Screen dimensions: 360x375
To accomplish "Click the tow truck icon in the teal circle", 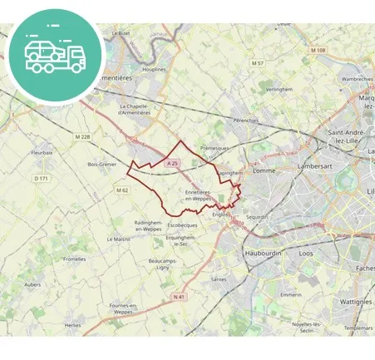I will coord(55,54).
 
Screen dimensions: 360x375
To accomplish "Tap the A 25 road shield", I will coord(172,165).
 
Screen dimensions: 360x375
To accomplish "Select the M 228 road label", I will coord(81,136).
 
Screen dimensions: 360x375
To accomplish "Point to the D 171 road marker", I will coord(41,179).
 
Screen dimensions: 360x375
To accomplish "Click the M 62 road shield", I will coord(122,190).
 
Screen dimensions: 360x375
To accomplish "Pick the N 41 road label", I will coord(178,296).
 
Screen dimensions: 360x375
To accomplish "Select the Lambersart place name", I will coord(313,166).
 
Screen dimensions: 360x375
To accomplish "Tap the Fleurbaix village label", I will coord(42,153).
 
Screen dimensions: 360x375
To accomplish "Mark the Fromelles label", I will coord(74,259).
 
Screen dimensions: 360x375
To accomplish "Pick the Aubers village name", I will coord(32,284).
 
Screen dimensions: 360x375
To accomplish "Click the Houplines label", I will coord(155,70).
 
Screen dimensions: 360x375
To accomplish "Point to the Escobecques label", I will coord(181,224).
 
